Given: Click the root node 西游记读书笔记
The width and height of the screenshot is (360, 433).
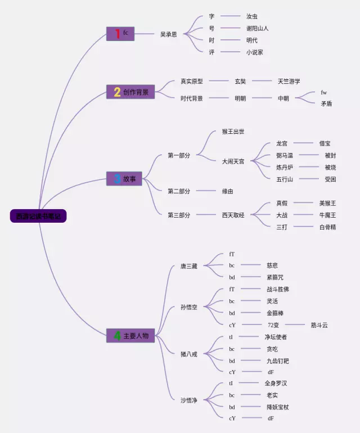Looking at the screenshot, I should (x=38, y=216).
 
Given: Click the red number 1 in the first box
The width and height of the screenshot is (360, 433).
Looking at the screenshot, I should (x=118, y=34).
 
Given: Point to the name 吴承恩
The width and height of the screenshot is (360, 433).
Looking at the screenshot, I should (x=168, y=34).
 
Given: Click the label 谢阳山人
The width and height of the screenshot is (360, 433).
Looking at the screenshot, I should (x=257, y=28).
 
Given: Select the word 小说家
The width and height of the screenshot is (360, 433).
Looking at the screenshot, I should (x=254, y=52).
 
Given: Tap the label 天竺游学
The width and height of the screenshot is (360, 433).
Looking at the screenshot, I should (x=289, y=81).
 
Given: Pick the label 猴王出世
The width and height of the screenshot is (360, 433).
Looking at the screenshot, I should (x=233, y=132).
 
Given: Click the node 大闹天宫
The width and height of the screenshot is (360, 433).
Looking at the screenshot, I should (x=233, y=161).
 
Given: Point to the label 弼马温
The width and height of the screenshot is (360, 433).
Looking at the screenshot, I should (x=285, y=155).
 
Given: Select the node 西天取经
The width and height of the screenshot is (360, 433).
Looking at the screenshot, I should (x=233, y=215).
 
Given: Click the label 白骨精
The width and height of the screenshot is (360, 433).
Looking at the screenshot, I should (x=327, y=227).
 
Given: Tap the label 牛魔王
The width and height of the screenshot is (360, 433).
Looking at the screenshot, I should (x=327, y=215).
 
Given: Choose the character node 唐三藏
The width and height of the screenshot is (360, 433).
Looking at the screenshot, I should (x=189, y=266).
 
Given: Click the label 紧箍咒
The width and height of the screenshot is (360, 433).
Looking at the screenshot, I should (x=276, y=277).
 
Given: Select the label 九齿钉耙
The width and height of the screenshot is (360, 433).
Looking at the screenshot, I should (x=278, y=361).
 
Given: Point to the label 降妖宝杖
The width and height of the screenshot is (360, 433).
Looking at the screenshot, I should (x=278, y=407).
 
